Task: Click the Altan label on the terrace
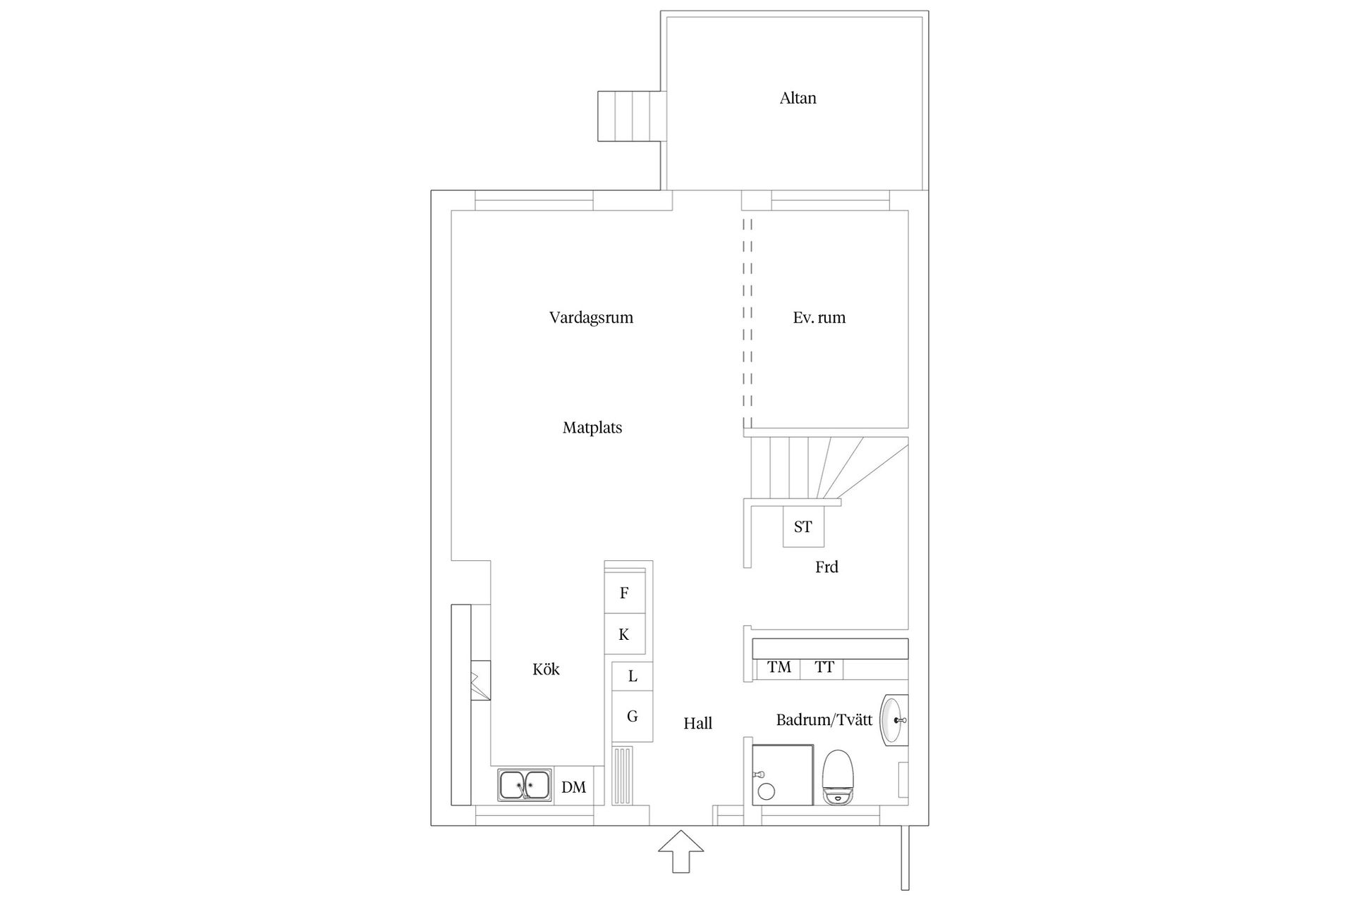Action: coord(798,99)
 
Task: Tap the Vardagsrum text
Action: coord(591,318)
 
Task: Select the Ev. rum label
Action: coord(819,318)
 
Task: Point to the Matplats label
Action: coord(592,428)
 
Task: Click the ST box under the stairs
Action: coord(803,526)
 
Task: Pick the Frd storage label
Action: coord(827,567)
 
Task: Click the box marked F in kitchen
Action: coord(624,593)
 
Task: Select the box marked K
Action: coord(624,635)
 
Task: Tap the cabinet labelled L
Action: coord(632,676)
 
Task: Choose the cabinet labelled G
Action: coord(632,717)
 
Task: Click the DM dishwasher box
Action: coord(573,787)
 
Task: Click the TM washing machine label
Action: coord(779,667)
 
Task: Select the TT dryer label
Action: coord(824,667)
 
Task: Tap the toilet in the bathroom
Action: coord(838,777)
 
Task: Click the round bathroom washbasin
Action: coord(893,720)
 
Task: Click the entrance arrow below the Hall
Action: coord(681,851)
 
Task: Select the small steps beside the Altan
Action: coord(629,116)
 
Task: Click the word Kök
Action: coord(546,669)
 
